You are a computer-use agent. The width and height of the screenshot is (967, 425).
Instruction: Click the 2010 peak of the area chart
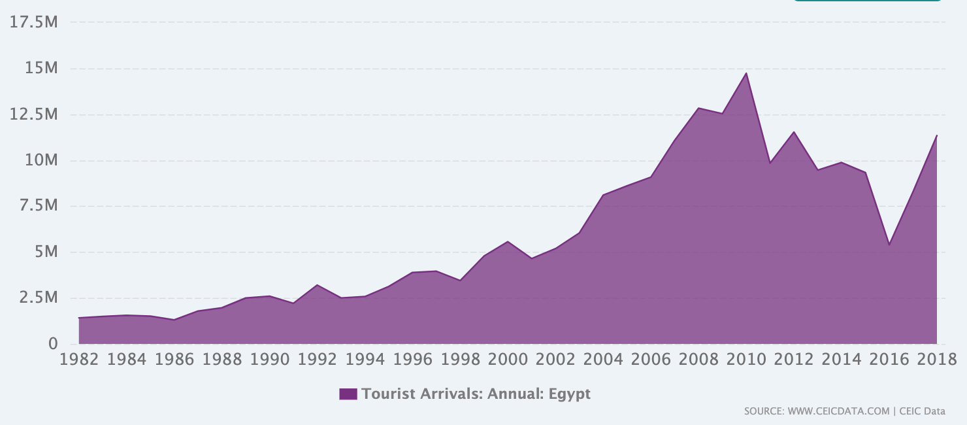tap(746, 73)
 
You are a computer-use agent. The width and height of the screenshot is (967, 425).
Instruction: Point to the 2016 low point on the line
tap(889, 245)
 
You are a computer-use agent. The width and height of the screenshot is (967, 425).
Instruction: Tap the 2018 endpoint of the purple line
tap(937, 135)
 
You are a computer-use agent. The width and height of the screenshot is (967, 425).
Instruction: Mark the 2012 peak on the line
tap(793, 131)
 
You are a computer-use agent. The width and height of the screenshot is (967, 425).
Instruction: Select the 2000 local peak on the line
tap(508, 241)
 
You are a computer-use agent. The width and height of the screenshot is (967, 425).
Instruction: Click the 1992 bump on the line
tap(317, 285)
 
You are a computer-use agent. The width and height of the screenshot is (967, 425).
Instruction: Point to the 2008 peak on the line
tap(698, 108)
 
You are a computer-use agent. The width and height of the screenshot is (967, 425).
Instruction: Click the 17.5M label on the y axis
tap(34, 22)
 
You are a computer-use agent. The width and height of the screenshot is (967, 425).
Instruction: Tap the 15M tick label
tap(41, 68)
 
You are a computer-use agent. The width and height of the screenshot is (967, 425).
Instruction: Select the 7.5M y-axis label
tap(39, 205)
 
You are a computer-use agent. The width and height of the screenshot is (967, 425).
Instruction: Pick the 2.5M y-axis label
tap(39, 297)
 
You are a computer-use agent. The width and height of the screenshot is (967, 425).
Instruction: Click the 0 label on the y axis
tap(53, 344)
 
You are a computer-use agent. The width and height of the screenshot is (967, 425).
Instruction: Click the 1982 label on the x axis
tap(78, 360)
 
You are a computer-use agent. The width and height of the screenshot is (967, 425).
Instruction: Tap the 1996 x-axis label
tap(412, 360)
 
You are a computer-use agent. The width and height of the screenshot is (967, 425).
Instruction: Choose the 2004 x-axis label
tap(603, 360)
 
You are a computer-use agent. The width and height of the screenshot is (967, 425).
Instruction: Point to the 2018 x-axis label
tap(937, 360)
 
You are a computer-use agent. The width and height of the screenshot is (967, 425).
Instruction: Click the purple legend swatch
tap(348, 394)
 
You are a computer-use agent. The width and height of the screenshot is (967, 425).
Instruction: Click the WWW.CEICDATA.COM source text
tap(838, 411)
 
